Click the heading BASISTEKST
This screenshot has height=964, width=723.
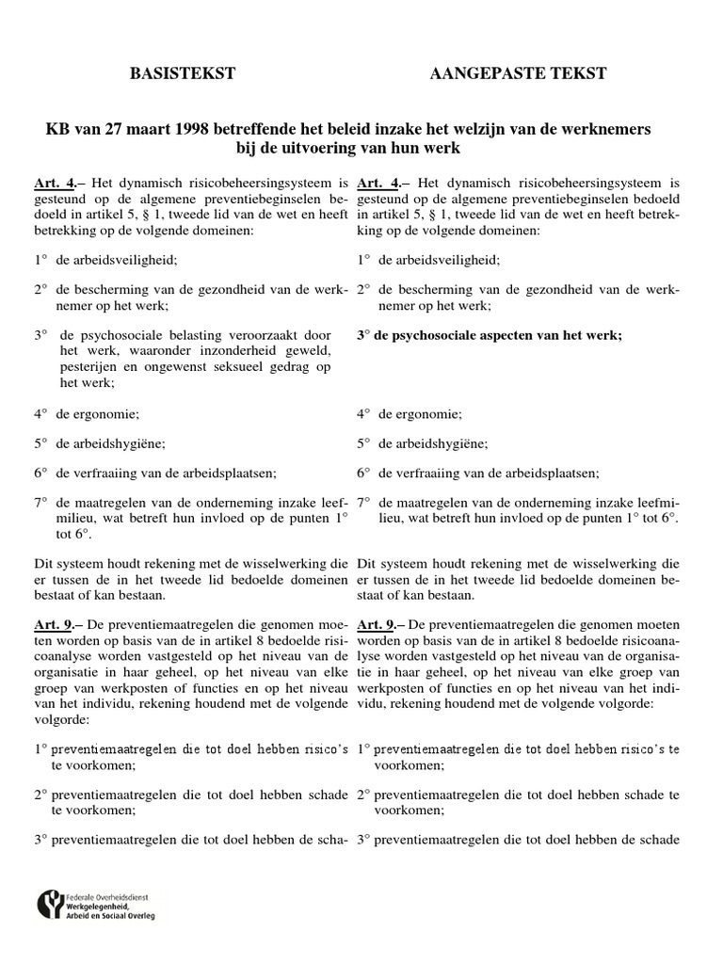tap(182, 73)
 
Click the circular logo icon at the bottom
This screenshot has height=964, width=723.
tap(50, 906)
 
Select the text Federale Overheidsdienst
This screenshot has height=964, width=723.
tap(111, 895)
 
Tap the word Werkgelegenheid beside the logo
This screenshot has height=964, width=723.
tap(107, 906)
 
